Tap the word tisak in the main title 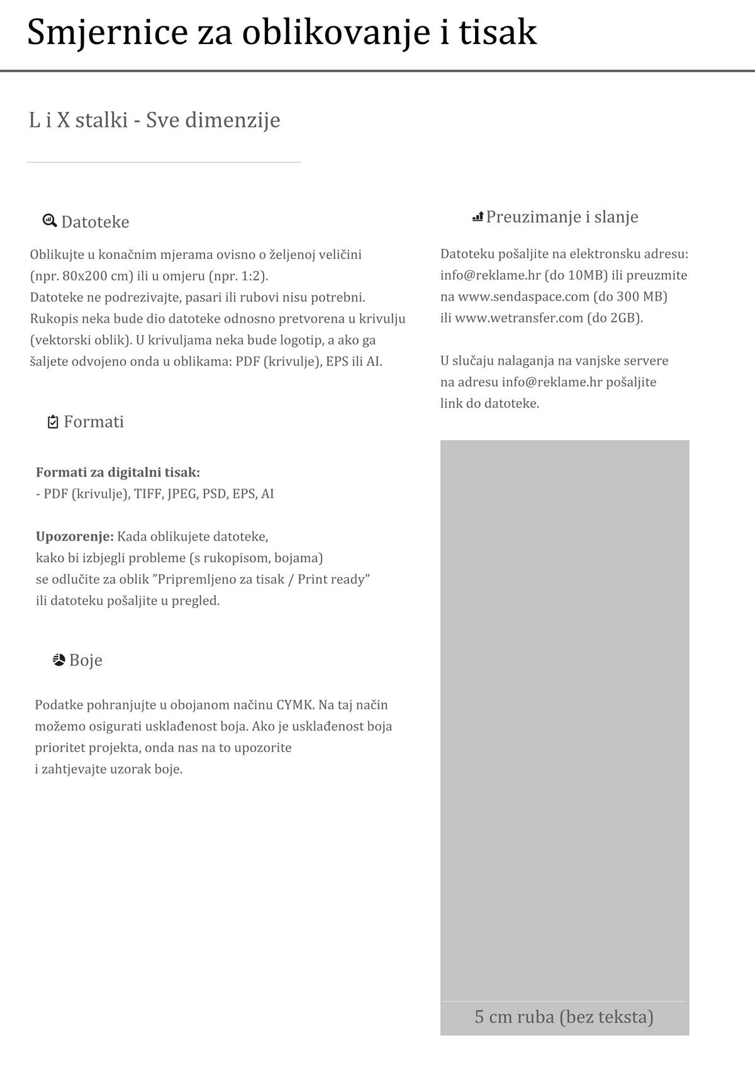[x=498, y=33]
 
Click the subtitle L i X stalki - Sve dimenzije [x=155, y=119]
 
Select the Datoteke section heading [x=95, y=222]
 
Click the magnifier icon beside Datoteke [x=49, y=221]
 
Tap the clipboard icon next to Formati [x=53, y=422]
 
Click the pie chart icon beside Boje [x=59, y=660]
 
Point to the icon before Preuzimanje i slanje [x=478, y=217]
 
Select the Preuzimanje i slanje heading [x=562, y=217]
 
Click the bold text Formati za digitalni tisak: [x=118, y=472]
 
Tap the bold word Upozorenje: [x=75, y=536]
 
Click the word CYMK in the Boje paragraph [x=294, y=705]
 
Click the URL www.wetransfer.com [x=519, y=318]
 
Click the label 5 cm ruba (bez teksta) [x=564, y=1017]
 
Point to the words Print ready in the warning [x=333, y=579]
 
